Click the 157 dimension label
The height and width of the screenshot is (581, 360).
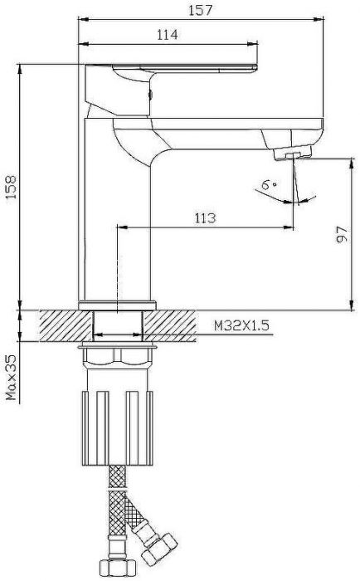201,10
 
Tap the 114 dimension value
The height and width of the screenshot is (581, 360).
168,35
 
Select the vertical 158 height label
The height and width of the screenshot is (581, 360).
11,187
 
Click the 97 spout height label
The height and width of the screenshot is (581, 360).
343,234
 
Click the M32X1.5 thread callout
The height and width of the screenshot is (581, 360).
241,325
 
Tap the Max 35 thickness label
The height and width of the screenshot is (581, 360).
11,377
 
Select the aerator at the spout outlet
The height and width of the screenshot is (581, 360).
294,153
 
